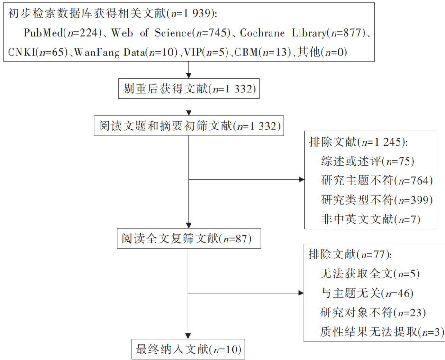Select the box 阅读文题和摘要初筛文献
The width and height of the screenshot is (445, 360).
click(x=189, y=126)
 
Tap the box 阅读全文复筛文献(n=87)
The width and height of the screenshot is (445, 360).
click(x=189, y=239)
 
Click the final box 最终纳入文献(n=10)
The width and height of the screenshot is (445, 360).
click(x=189, y=351)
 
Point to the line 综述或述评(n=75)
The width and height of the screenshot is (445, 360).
click(x=367, y=161)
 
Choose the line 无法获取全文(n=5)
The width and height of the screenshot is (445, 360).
click(x=370, y=274)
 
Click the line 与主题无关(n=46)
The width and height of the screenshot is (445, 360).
click(x=367, y=294)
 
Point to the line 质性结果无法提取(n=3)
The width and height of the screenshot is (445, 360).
click(x=381, y=332)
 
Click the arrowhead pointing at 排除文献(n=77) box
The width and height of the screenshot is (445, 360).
click(x=300, y=293)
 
